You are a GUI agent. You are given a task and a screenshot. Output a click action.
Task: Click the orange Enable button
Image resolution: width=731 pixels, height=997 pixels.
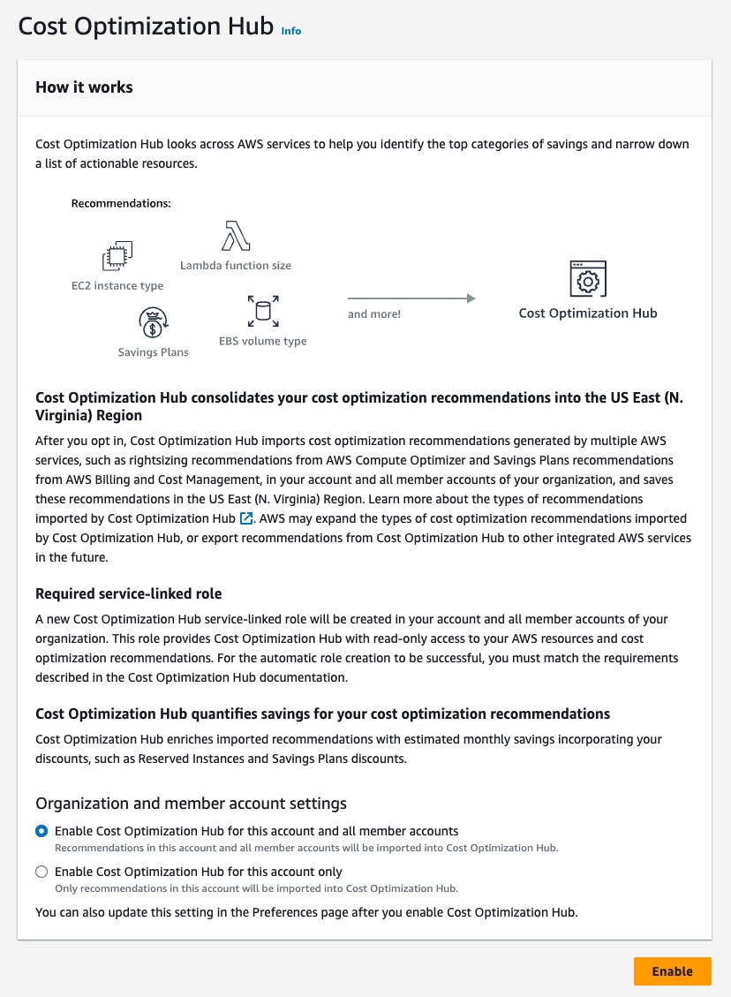[672, 971]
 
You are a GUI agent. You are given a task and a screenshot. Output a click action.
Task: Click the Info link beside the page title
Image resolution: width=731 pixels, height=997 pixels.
[290, 31]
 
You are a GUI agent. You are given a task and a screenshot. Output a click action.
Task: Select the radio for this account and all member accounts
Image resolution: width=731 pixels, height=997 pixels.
[41, 831]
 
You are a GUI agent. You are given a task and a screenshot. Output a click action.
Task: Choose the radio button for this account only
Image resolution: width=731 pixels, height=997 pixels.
[41, 872]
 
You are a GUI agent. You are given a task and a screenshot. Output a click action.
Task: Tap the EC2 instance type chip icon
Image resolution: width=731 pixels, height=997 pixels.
[117, 257]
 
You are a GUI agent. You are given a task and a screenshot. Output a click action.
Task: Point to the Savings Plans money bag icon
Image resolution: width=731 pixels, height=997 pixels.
[153, 322]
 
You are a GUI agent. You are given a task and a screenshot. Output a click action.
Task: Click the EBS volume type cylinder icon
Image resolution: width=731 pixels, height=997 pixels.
[262, 311]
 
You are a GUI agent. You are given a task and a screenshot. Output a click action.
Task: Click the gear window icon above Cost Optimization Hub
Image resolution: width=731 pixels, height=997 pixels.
[588, 279]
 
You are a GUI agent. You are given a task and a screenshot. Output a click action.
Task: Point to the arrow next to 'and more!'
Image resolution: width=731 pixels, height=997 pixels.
[411, 298]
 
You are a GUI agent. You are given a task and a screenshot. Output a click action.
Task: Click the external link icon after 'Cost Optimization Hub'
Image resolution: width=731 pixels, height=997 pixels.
[246, 518]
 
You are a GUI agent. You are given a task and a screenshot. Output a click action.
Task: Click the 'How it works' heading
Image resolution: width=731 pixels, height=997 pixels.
[84, 87]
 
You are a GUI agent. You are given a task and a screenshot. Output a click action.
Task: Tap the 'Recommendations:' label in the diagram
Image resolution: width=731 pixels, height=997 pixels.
[120, 203]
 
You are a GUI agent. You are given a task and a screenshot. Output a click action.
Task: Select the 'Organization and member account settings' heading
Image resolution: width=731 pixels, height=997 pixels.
[191, 804]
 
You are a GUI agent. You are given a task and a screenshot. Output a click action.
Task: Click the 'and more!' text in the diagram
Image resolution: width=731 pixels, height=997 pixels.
[374, 314]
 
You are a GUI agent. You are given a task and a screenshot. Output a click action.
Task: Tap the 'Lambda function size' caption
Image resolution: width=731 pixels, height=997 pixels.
[235, 265]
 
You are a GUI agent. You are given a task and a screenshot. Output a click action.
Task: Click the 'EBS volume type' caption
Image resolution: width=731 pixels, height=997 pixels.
[262, 341]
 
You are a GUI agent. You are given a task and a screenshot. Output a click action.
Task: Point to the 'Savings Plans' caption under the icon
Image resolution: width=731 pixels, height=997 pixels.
[153, 352]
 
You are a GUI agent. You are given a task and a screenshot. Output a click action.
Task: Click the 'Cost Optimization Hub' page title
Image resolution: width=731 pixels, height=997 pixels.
[146, 26]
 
